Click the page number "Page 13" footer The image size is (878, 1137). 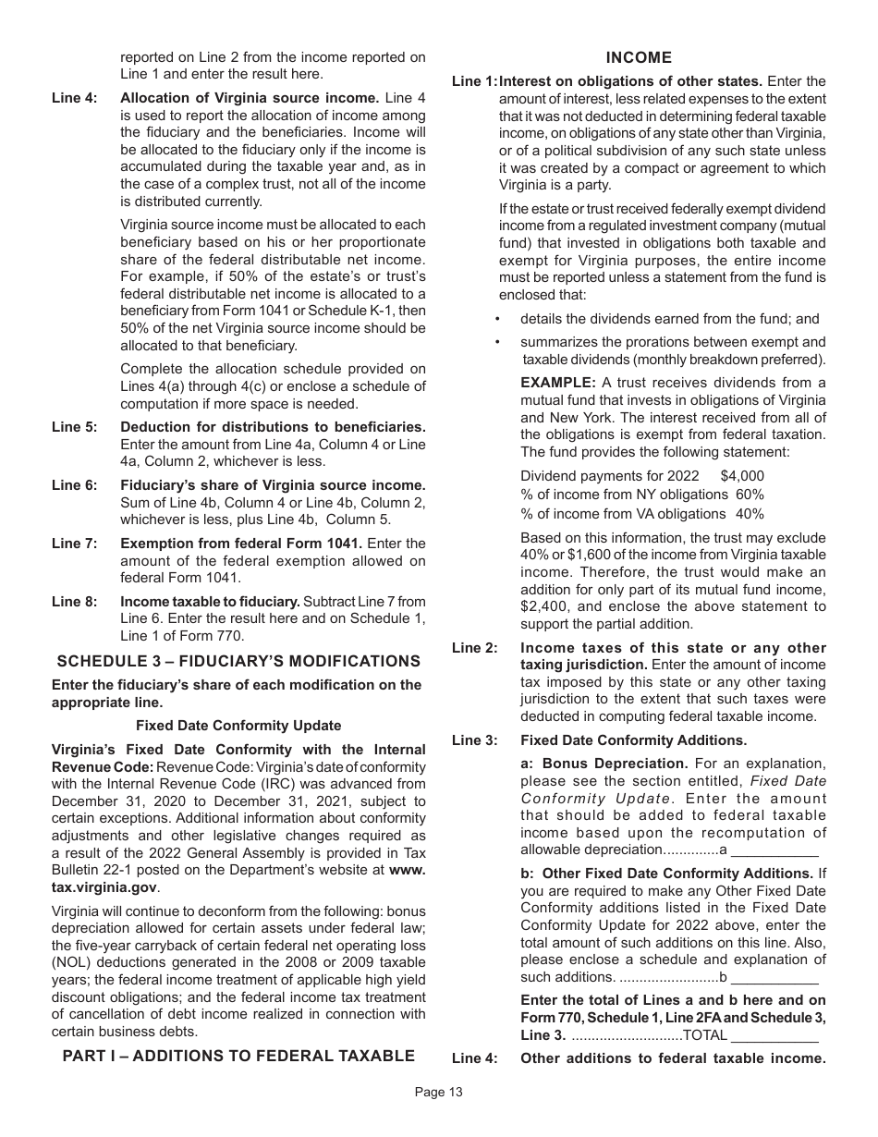coord(438,1092)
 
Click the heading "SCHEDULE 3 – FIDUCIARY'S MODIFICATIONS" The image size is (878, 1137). coord(238,661)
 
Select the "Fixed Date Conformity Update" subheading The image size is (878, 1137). coord(238,726)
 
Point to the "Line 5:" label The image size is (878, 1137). coord(74,427)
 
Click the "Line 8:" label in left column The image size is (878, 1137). coord(74,602)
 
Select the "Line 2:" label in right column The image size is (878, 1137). coord(474,648)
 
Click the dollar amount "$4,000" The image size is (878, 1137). coord(742,476)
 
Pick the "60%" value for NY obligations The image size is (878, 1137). coord(750,495)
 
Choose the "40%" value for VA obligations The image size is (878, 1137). coord(750,514)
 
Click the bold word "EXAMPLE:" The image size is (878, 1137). coord(557,383)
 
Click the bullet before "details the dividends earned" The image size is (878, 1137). coord(498,319)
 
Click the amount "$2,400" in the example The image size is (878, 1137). coord(543,607)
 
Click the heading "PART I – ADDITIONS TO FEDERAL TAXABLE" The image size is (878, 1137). coord(238,1056)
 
